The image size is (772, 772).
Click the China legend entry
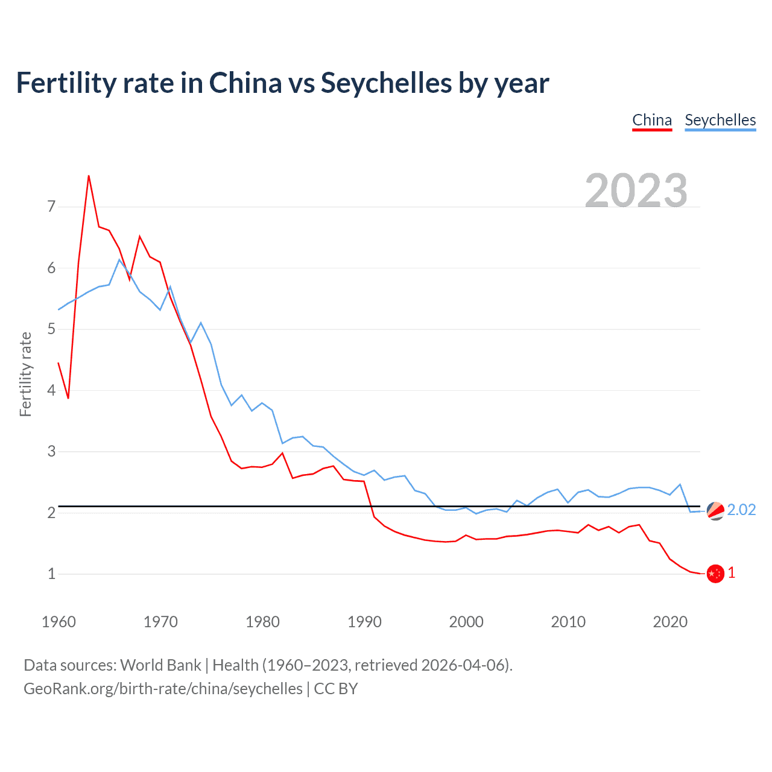click(x=651, y=120)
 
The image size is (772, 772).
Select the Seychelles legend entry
click(x=720, y=120)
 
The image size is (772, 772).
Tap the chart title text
click(x=282, y=83)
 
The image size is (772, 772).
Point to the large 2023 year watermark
click(x=636, y=191)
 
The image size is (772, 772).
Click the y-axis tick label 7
click(x=51, y=207)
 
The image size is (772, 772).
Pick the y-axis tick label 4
click(x=51, y=390)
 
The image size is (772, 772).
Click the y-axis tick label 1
click(x=51, y=574)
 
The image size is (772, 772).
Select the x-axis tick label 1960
click(x=59, y=622)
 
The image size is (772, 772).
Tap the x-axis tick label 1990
click(x=364, y=622)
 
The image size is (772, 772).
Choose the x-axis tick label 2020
click(x=670, y=622)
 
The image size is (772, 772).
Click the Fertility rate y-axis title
click(x=25, y=374)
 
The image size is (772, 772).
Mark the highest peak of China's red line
click(x=89, y=176)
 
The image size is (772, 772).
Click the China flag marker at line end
click(x=715, y=574)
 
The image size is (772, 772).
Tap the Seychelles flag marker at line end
click(x=715, y=510)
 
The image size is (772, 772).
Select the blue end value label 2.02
click(x=741, y=510)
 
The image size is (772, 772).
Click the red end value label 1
click(x=732, y=573)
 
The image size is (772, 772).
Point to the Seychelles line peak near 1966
click(x=119, y=260)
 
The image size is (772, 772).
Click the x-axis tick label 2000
click(x=466, y=622)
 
